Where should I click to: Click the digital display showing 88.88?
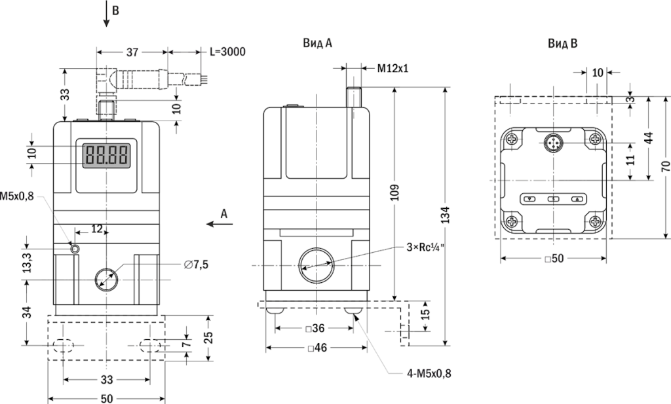(x=105, y=155)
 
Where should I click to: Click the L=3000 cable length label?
(x=227, y=52)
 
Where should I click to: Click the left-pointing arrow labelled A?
(x=216, y=223)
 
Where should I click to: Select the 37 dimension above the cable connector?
(x=132, y=52)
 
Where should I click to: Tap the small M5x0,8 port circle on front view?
(x=75, y=248)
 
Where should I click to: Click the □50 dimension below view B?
(x=554, y=259)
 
